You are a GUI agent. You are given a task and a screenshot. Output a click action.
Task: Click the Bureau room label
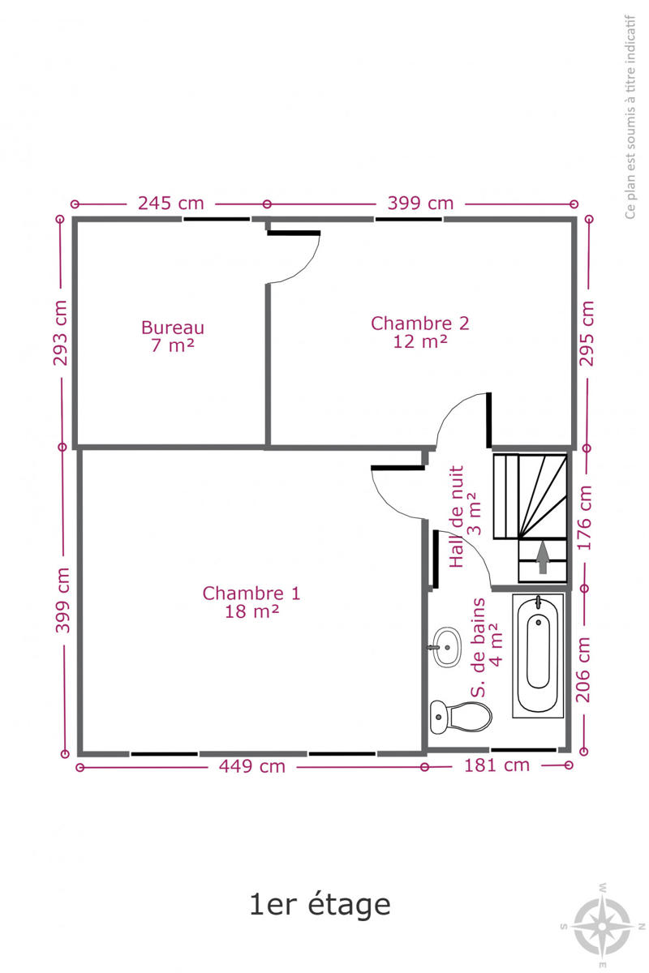(x=173, y=328)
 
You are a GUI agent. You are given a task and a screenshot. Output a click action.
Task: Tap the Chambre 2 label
(x=420, y=324)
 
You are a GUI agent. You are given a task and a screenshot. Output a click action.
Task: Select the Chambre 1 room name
(x=251, y=594)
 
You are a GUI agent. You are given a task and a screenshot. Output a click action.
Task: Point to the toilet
(x=461, y=717)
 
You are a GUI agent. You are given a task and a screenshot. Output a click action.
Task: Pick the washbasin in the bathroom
(x=446, y=647)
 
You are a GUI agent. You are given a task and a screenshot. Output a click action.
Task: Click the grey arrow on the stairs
(x=542, y=557)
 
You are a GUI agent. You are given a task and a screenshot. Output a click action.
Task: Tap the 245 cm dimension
(x=171, y=204)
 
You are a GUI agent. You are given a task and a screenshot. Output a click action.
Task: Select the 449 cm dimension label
(x=252, y=766)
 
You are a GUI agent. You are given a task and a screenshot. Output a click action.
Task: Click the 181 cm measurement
(x=496, y=765)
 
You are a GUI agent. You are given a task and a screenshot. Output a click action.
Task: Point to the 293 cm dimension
(x=61, y=332)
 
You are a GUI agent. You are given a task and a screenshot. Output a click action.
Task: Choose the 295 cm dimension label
(x=586, y=333)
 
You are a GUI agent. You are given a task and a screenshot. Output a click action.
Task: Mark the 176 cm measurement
(x=584, y=518)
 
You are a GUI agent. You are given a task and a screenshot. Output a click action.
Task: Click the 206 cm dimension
(x=583, y=670)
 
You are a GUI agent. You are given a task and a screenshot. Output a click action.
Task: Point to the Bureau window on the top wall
(x=217, y=219)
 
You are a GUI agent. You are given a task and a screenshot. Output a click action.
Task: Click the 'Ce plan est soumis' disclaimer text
(x=630, y=118)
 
